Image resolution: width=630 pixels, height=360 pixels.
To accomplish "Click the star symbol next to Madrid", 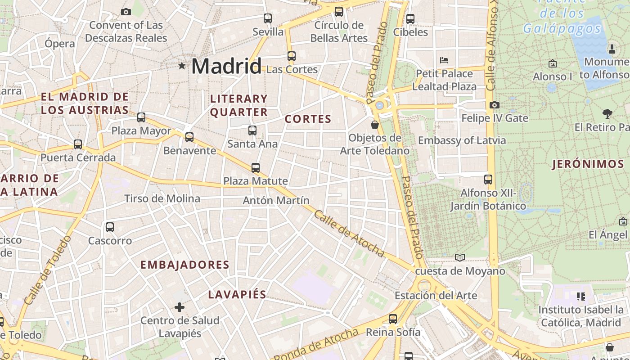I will point(182,66).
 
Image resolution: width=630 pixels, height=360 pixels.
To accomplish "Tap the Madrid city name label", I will point(226,67).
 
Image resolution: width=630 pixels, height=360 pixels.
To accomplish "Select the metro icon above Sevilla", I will point(268,18).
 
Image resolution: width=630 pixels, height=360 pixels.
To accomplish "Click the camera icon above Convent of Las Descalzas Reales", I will point(126,12).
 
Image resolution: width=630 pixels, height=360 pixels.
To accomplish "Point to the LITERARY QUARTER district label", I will point(239,105).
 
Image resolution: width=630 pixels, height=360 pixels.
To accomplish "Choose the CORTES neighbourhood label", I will point(308,119).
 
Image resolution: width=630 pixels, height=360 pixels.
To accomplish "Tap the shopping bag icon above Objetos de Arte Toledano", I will point(374,125).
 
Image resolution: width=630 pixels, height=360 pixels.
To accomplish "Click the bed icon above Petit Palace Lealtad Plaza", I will point(444,60).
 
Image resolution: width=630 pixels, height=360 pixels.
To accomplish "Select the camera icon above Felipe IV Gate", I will point(495,105).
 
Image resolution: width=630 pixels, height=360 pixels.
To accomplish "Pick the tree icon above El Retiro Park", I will point(607,114).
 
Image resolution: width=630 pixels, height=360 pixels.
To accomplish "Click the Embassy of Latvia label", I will point(462,140).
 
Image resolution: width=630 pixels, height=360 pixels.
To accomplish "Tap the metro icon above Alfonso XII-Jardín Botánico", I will point(488,180).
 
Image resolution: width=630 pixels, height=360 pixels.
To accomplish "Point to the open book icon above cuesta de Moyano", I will point(459,257).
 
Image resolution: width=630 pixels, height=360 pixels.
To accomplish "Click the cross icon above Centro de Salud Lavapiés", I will point(180,307).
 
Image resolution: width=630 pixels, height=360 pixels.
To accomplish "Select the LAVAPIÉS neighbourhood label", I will point(237,295).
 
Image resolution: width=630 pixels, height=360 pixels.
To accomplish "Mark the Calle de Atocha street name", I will point(349,234).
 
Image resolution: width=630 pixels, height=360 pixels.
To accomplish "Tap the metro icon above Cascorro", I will point(110,227).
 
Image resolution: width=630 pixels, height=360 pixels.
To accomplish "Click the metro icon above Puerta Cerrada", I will point(78,144).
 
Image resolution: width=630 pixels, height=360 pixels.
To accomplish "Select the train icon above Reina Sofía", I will point(393,319).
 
